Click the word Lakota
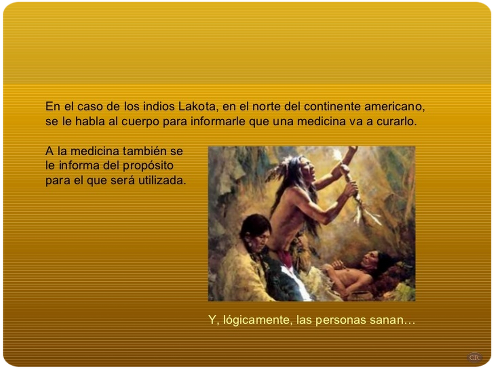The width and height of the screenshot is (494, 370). click(x=197, y=106)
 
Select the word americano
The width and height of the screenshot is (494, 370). click(x=394, y=107)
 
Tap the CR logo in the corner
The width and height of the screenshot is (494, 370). click(x=474, y=357)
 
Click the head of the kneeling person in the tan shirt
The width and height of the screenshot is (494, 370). click(x=256, y=231)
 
